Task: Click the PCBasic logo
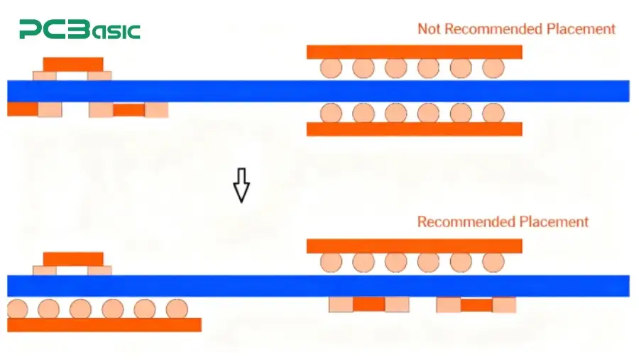(80, 30)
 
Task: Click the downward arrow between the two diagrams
(241, 185)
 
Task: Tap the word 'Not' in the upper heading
(429, 29)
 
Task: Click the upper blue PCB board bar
(318, 91)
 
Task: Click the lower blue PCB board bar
(318, 285)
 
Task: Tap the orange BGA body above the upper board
(414, 52)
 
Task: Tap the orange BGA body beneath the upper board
(414, 129)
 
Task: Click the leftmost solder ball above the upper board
(331, 68)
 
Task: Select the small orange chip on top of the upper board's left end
(72, 64)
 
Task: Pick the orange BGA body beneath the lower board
(104, 324)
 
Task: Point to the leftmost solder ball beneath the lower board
(17, 309)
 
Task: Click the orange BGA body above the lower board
(414, 246)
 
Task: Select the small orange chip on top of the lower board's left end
(72, 258)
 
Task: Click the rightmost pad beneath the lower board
(504, 305)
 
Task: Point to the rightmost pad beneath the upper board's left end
(156, 109)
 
